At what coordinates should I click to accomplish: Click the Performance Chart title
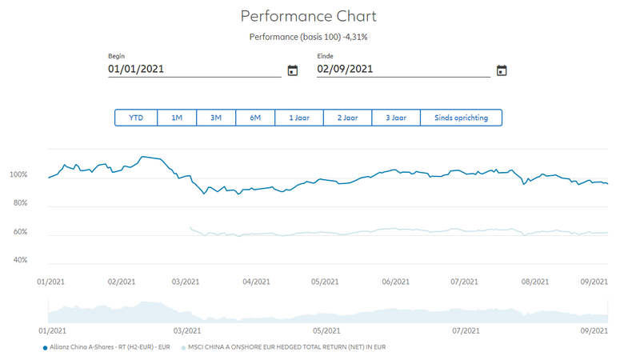[x=308, y=16]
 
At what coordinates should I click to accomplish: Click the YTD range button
[x=136, y=118]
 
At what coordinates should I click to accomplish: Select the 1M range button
[x=177, y=118]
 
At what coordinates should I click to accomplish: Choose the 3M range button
[x=216, y=118]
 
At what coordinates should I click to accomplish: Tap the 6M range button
[x=255, y=118]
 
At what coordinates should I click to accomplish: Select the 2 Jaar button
[x=347, y=118]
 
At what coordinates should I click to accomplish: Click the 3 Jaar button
[x=396, y=118]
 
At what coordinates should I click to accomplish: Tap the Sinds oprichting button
[x=460, y=118]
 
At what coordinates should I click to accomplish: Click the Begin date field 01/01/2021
[x=192, y=69]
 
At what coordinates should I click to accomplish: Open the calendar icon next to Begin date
[x=293, y=70]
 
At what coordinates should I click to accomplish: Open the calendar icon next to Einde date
[x=502, y=70]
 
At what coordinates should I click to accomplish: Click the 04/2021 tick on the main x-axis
[x=257, y=282]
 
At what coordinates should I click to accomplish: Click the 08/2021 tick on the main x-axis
[x=535, y=282]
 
